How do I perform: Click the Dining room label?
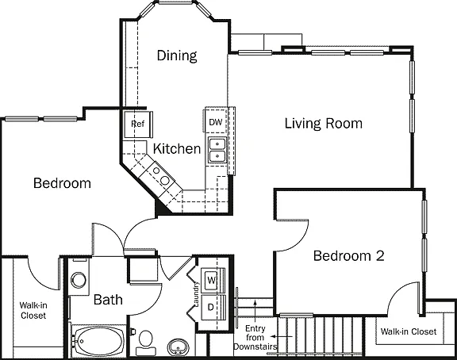(x=177, y=56)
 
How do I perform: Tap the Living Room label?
(x=324, y=123)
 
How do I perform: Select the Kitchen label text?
(x=177, y=148)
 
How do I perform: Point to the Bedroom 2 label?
(x=348, y=256)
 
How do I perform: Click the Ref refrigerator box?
(x=137, y=124)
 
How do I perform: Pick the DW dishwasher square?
(x=216, y=122)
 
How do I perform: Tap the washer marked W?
(x=212, y=281)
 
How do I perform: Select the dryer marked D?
(x=210, y=307)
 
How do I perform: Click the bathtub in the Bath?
(x=99, y=341)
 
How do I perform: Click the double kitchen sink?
(x=217, y=151)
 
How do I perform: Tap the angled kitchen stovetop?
(x=160, y=175)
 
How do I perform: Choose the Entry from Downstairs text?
(x=255, y=338)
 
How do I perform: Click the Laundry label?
(x=196, y=294)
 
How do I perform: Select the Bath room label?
(x=108, y=300)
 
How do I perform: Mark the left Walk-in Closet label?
(x=33, y=311)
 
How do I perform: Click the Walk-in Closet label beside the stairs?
(x=409, y=331)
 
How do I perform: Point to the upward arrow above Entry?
(x=255, y=312)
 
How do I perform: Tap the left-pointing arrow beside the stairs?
(x=282, y=337)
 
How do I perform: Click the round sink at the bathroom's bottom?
(x=178, y=347)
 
